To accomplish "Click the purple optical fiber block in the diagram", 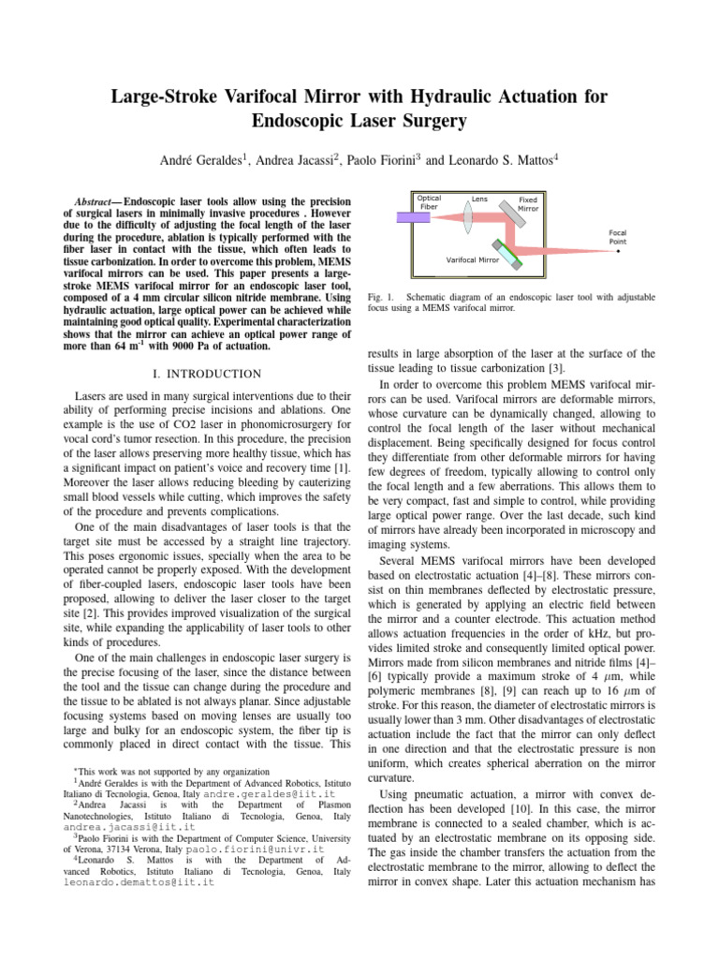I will point(406,217).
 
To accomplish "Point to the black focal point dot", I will point(618,252).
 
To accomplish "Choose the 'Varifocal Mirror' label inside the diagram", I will point(474,259).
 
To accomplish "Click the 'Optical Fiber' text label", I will point(430,202).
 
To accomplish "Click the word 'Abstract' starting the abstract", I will point(95,201).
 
